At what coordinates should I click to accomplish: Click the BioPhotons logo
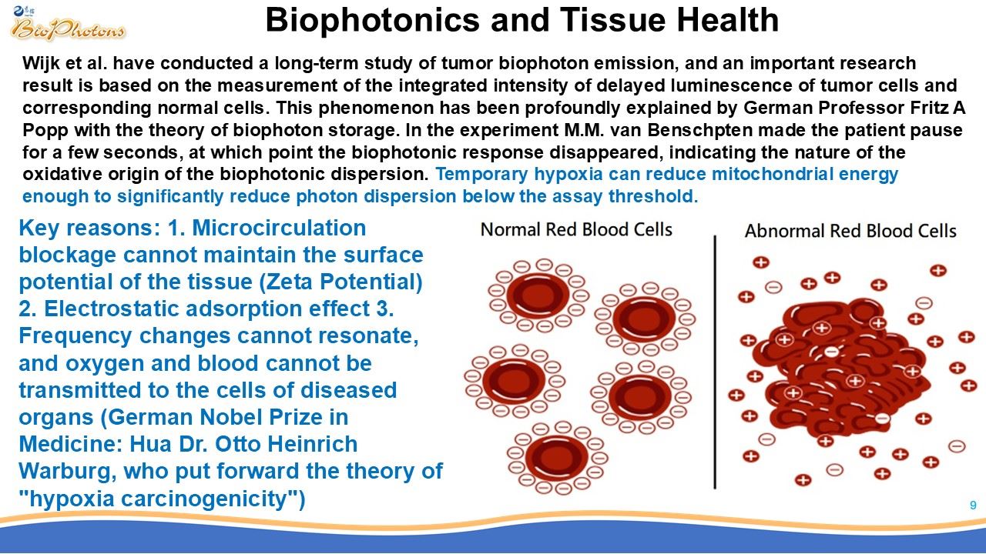pyautogui.click(x=67, y=24)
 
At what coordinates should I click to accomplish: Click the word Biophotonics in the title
pyautogui.click(x=372, y=20)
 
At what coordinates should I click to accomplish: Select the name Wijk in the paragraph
pyautogui.click(x=41, y=64)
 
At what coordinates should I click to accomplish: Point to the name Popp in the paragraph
pyautogui.click(x=45, y=131)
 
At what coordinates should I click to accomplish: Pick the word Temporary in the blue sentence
pyautogui.click(x=481, y=175)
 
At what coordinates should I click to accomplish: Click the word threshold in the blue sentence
pyautogui.click(x=653, y=196)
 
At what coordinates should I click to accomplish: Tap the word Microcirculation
pyautogui.click(x=279, y=229)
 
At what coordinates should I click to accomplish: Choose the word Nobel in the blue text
pyautogui.click(x=233, y=417)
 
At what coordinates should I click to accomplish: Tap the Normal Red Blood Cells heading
pyautogui.click(x=576, y=229)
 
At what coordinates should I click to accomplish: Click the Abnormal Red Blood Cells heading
pyautogui.click(x=850, y=231)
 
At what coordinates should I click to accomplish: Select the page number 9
pyautogui.click(x=973, y=506)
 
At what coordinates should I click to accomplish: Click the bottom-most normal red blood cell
pyautogui.click(x=557, y=458)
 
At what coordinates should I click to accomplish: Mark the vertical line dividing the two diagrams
pyautogui.click(x=715, y=362)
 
